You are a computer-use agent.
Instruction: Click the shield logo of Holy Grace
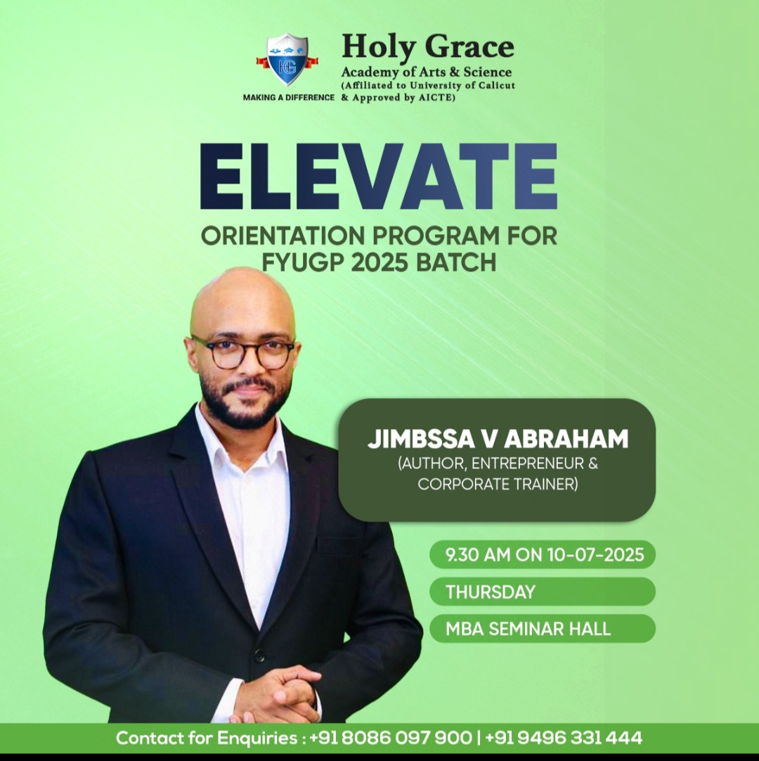pyautogui.click(x=287, y=60)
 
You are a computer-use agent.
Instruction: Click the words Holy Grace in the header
pyautogui.click(x=427, y=48)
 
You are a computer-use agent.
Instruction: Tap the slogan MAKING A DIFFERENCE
pyautogui.click(x=289, y=97)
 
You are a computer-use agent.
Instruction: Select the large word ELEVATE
pyautogui.click(x=379, y=176)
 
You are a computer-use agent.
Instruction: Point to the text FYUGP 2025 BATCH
pyautogui.click(x=379, y=262)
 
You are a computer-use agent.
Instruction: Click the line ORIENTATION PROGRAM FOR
pyautogui.click(x=379, y=236)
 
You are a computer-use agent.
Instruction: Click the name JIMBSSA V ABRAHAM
pyautogui.click(x=498, y=439)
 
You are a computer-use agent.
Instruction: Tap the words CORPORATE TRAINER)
pyautogui.click(x=498, y=485)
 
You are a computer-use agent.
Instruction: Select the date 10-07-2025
pyautogui.click(x=595, y=554)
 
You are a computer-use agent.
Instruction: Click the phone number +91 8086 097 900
pyautogui.click(x=391, y=738)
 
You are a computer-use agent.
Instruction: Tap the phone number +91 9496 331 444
pyautogui.click(x=564, y=738)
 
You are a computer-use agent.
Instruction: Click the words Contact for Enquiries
pyautogui.click(x=207, y=738)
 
